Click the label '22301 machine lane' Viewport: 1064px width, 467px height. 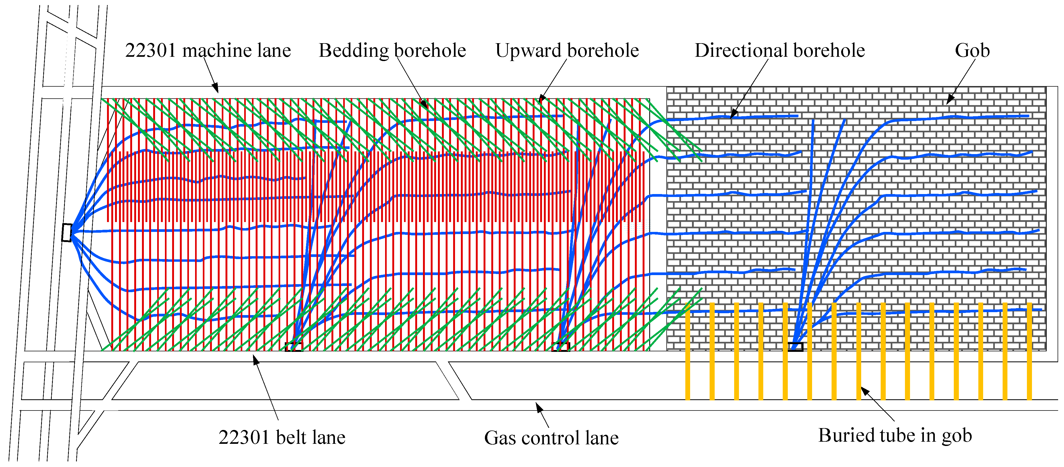(x=208, y=50)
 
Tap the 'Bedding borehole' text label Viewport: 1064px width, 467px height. (x=392, y=50)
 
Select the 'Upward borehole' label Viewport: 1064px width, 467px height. (x=567, y=50)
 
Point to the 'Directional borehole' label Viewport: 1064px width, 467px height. (x=780, y=50)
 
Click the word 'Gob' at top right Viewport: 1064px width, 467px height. (x=972, y=50)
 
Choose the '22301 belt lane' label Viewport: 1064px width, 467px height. (x=282, y=437)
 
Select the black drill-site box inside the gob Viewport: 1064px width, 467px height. (x=795, y=347)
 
